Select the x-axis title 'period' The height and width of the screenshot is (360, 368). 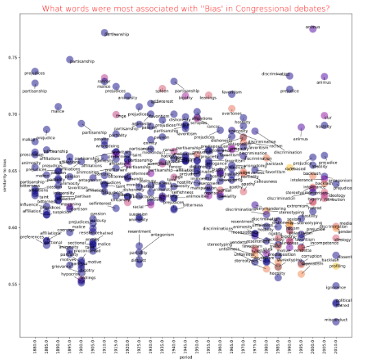pyautogui.click(x=185, y=356)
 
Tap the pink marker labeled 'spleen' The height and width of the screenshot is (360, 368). pyautogui.click(x=162, y=89)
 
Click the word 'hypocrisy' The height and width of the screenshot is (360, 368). pyautogui.click(x=71, y=274)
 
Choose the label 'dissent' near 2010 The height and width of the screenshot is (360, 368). pyautogui.click(x=348, y=256)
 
